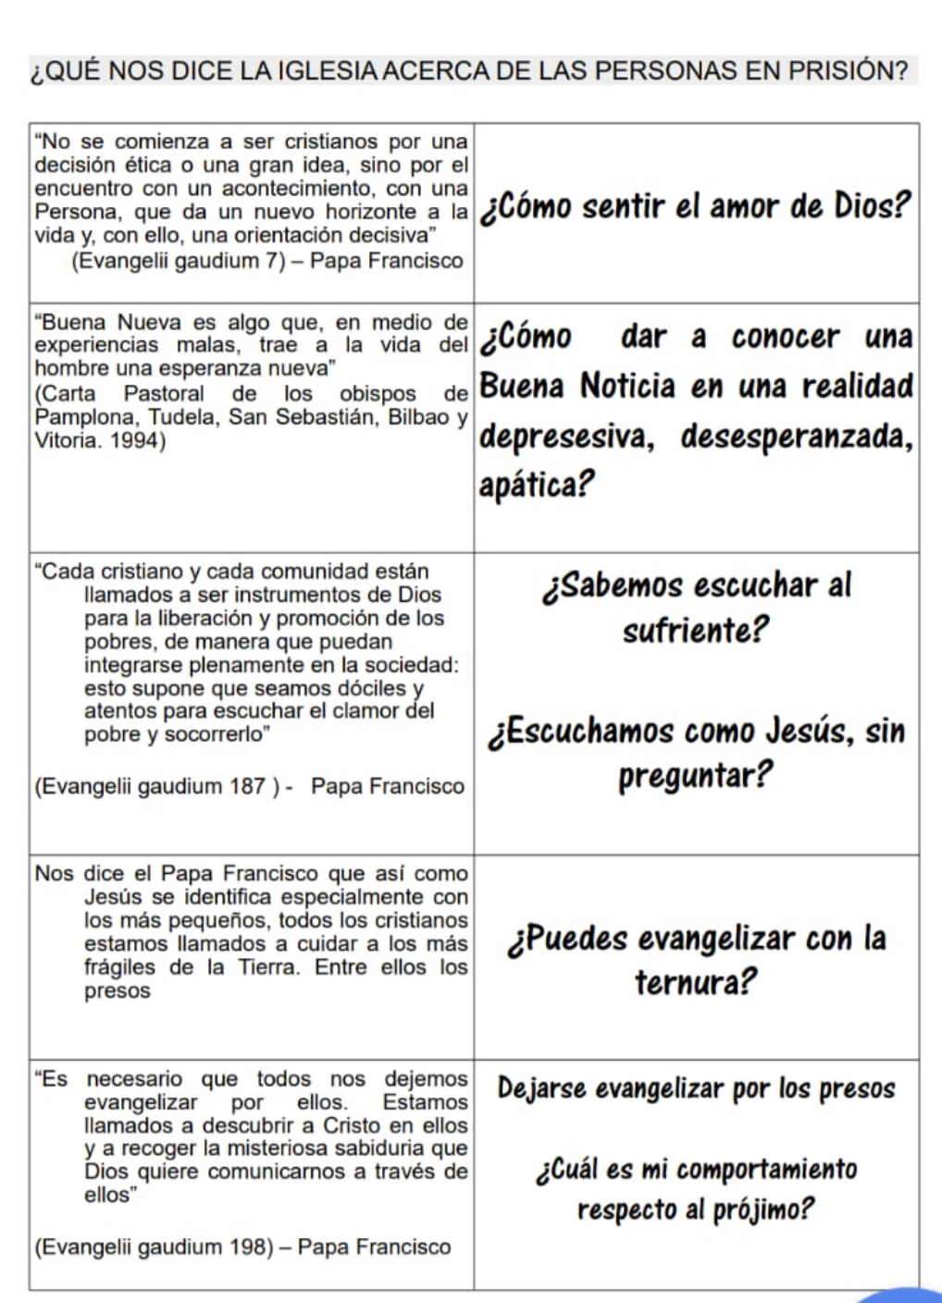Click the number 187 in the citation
[x=248, y=786]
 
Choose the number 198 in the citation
[x=249, y=1247]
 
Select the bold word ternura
[x=695, y=982]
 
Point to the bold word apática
[x=536, y=484]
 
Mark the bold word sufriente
[x=695, y=631]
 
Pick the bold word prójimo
[x=769, y=1209]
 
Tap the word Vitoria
[x=66, y=440]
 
